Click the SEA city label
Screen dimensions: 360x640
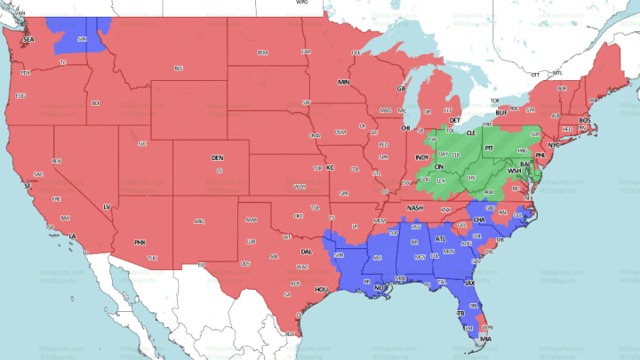[x=28, y=40]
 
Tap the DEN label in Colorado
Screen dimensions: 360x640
[x=218, y=157]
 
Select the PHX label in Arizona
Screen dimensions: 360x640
[x=140, y=242]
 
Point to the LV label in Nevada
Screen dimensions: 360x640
[x=107, y=206]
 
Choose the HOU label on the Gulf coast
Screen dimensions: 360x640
[x=322, y=290]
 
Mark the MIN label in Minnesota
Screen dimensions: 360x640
[x=343, y=82]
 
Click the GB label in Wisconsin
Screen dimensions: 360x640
[x=401, y=90]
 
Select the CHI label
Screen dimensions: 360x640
[x=406, y=128]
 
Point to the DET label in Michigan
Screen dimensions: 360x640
[x=455, y=120]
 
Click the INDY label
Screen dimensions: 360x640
[x=421, y=157]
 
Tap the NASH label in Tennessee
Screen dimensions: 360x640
[x=415, y=207]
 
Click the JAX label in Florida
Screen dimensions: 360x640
[x=470, y=283]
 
